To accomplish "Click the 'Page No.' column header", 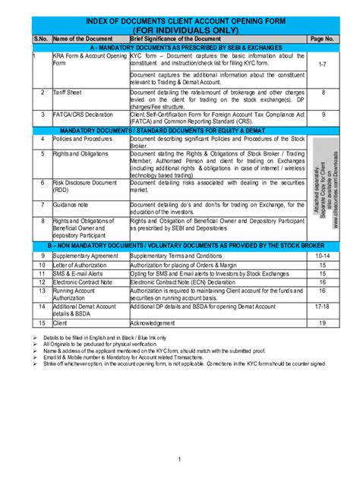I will [x=322, y=37].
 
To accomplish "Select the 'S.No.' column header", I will [x=40, y=37].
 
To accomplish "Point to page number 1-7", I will [x=322, y=66].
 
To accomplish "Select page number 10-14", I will [x=322, y=256].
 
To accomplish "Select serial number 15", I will [x=43, y=322].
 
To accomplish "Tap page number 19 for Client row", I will [x=322, y=322].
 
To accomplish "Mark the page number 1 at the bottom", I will [x=179, y=460].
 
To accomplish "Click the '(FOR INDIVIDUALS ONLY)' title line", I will [x=179, y=29].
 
